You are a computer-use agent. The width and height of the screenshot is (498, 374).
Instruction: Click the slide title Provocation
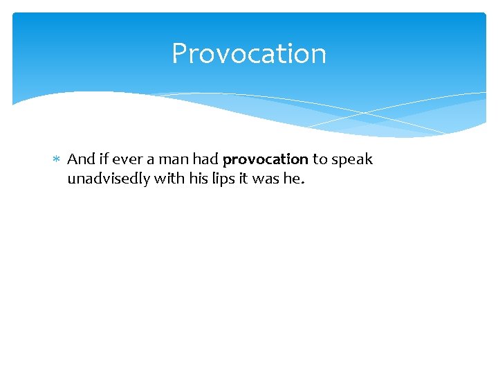(x=249, y=53)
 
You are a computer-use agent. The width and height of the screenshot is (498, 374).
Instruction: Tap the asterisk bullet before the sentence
(x=57, y=160)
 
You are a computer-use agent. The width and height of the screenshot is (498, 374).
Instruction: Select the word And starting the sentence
(x=81, y=159)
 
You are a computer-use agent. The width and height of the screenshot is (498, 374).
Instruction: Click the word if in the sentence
(x=104, y=159)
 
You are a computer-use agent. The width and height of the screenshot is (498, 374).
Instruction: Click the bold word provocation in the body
(x=266, y=160)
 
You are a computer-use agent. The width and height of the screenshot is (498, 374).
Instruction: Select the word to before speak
(x=320, y=159)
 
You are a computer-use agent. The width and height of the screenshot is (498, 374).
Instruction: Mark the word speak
(x=352, y=160)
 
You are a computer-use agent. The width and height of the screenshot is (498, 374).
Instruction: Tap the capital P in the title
(x=179, y=53)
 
